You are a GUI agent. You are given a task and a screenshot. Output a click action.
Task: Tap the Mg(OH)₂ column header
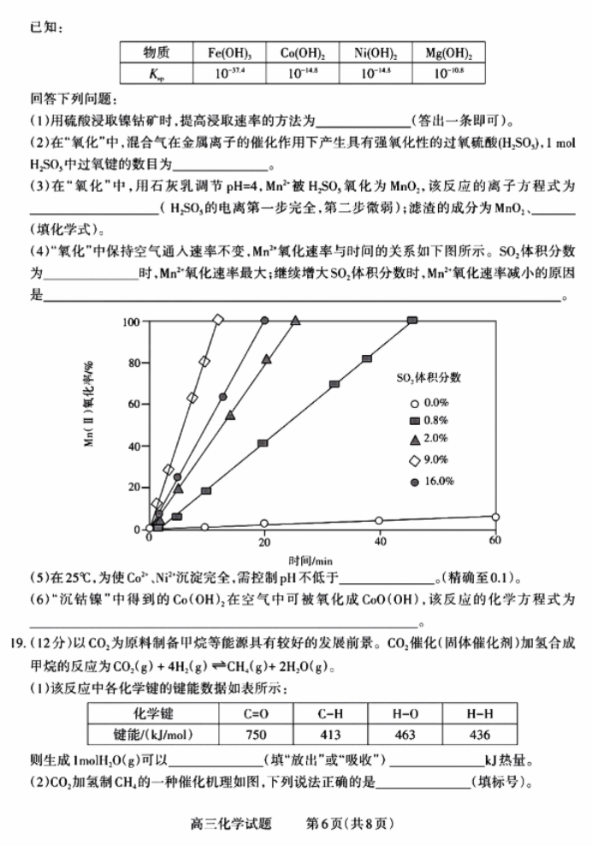(x=449, y=53)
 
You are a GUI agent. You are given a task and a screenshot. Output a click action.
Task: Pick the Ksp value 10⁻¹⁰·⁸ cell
(x=449, y=74)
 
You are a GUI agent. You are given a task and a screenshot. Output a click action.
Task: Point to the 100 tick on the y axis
(x=131, y=322)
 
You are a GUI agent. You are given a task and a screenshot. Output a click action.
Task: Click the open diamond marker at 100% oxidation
(x=217, y=320)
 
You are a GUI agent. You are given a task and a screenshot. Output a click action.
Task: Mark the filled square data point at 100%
(x=413, y=320)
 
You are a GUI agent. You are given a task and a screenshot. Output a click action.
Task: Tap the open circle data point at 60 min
(x=495, y=517)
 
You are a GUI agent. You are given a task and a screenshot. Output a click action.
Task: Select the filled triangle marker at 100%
(x=296, y=320)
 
